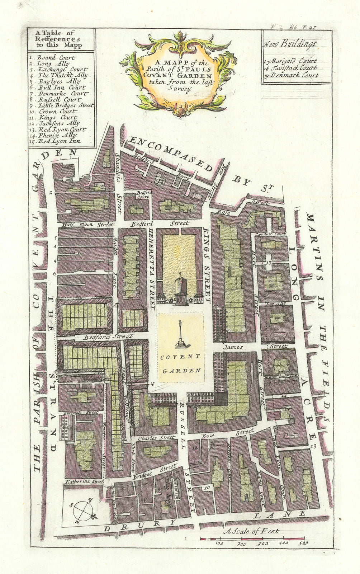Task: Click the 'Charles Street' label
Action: tap(156, 438)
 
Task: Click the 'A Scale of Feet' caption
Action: tap(251, 531)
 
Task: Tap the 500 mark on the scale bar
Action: tap(303, 544)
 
